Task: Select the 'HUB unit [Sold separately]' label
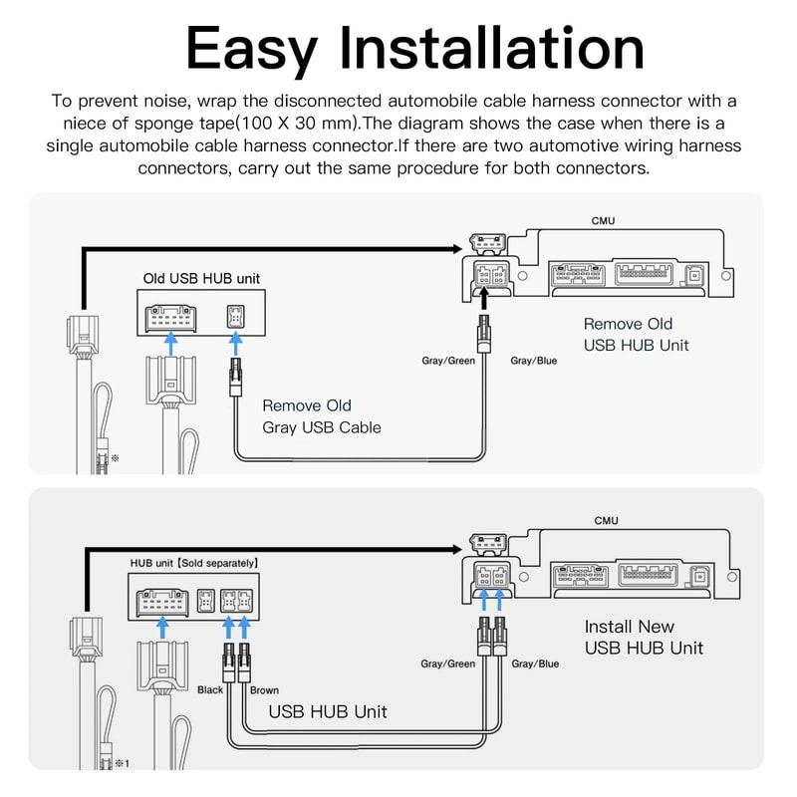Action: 194,563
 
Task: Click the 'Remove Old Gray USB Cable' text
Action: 322,416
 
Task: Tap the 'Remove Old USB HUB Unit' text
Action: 636,335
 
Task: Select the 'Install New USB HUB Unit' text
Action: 643,638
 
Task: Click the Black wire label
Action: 210,689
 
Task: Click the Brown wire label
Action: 264,689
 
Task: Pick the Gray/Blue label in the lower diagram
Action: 534,664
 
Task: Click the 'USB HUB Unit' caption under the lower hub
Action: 328,712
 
